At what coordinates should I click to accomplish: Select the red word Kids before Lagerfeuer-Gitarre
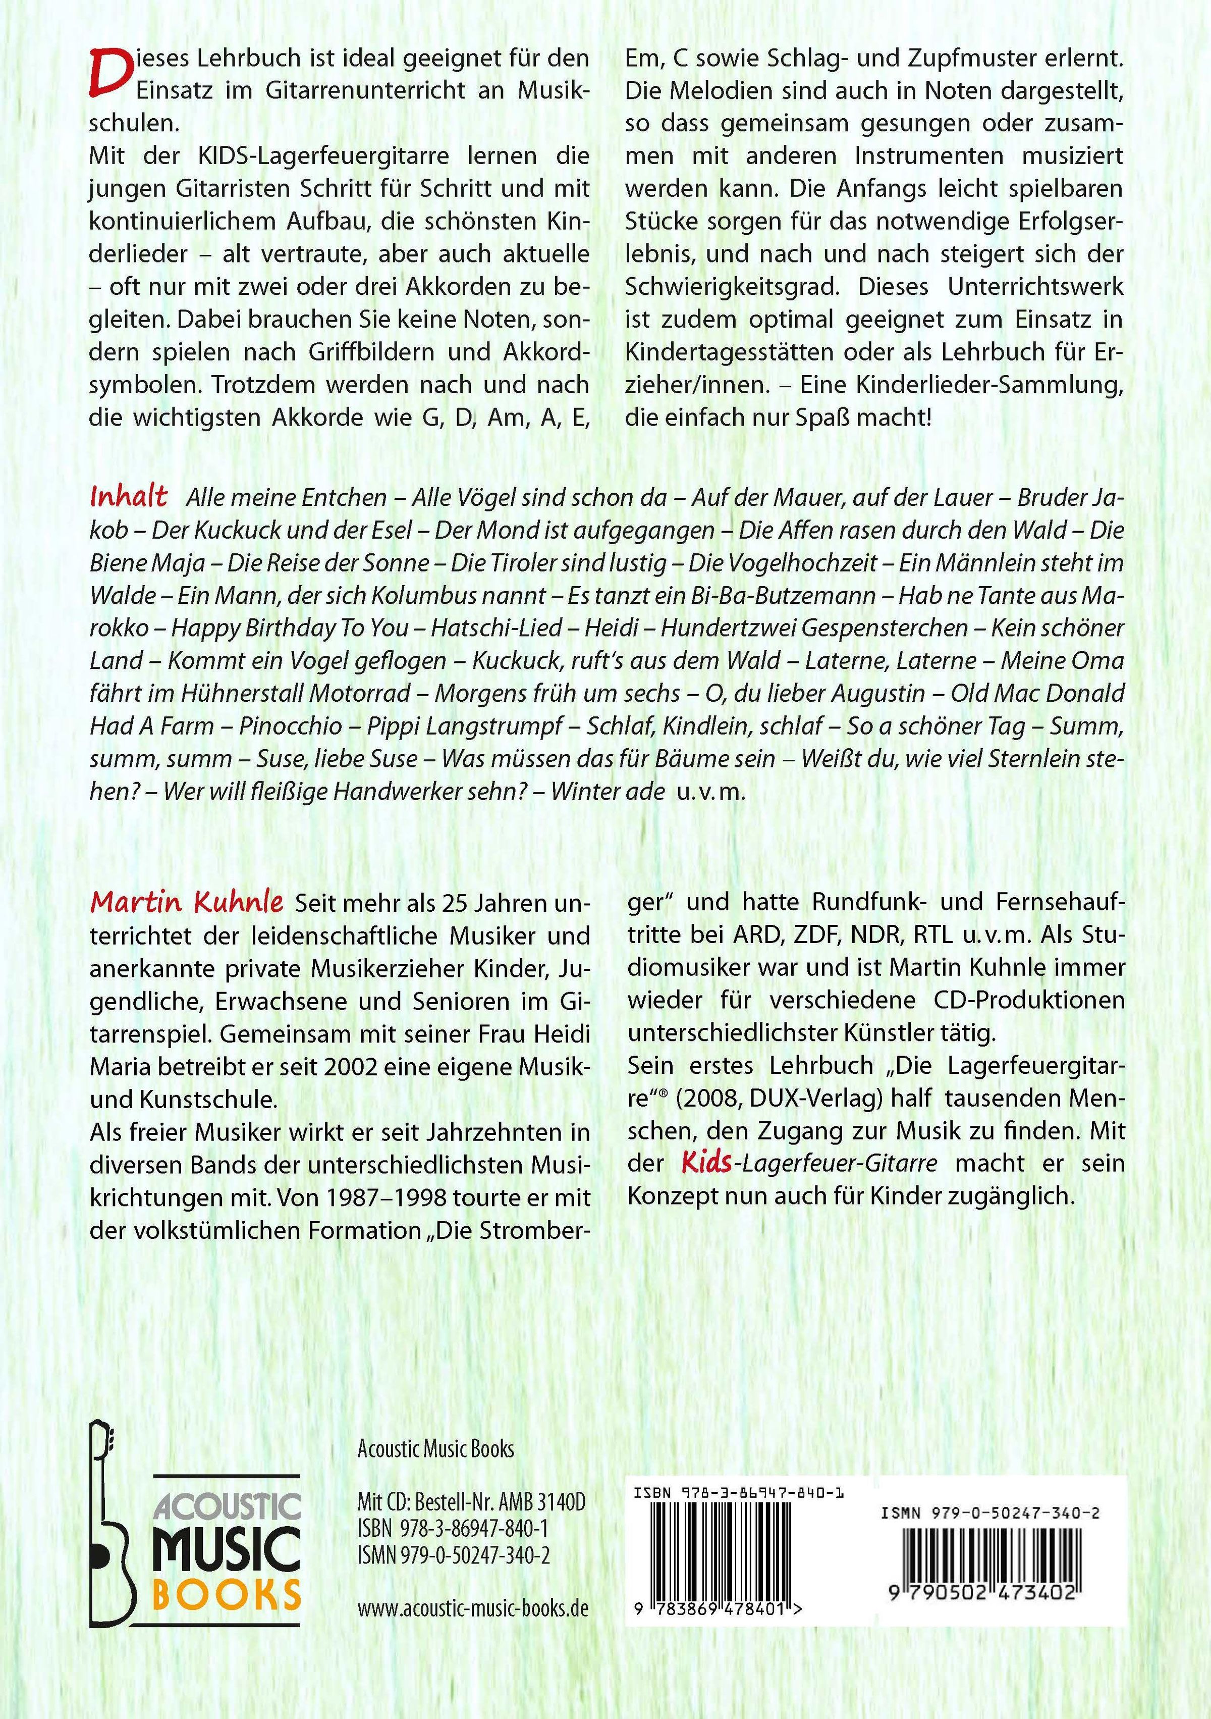pyautogui.click(x=708, y=1163)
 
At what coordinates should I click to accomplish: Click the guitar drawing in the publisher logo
pyautogui.click(x=114, y=1527)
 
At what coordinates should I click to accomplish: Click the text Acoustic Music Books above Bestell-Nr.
pyautogui.click(x=435, y=1448)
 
